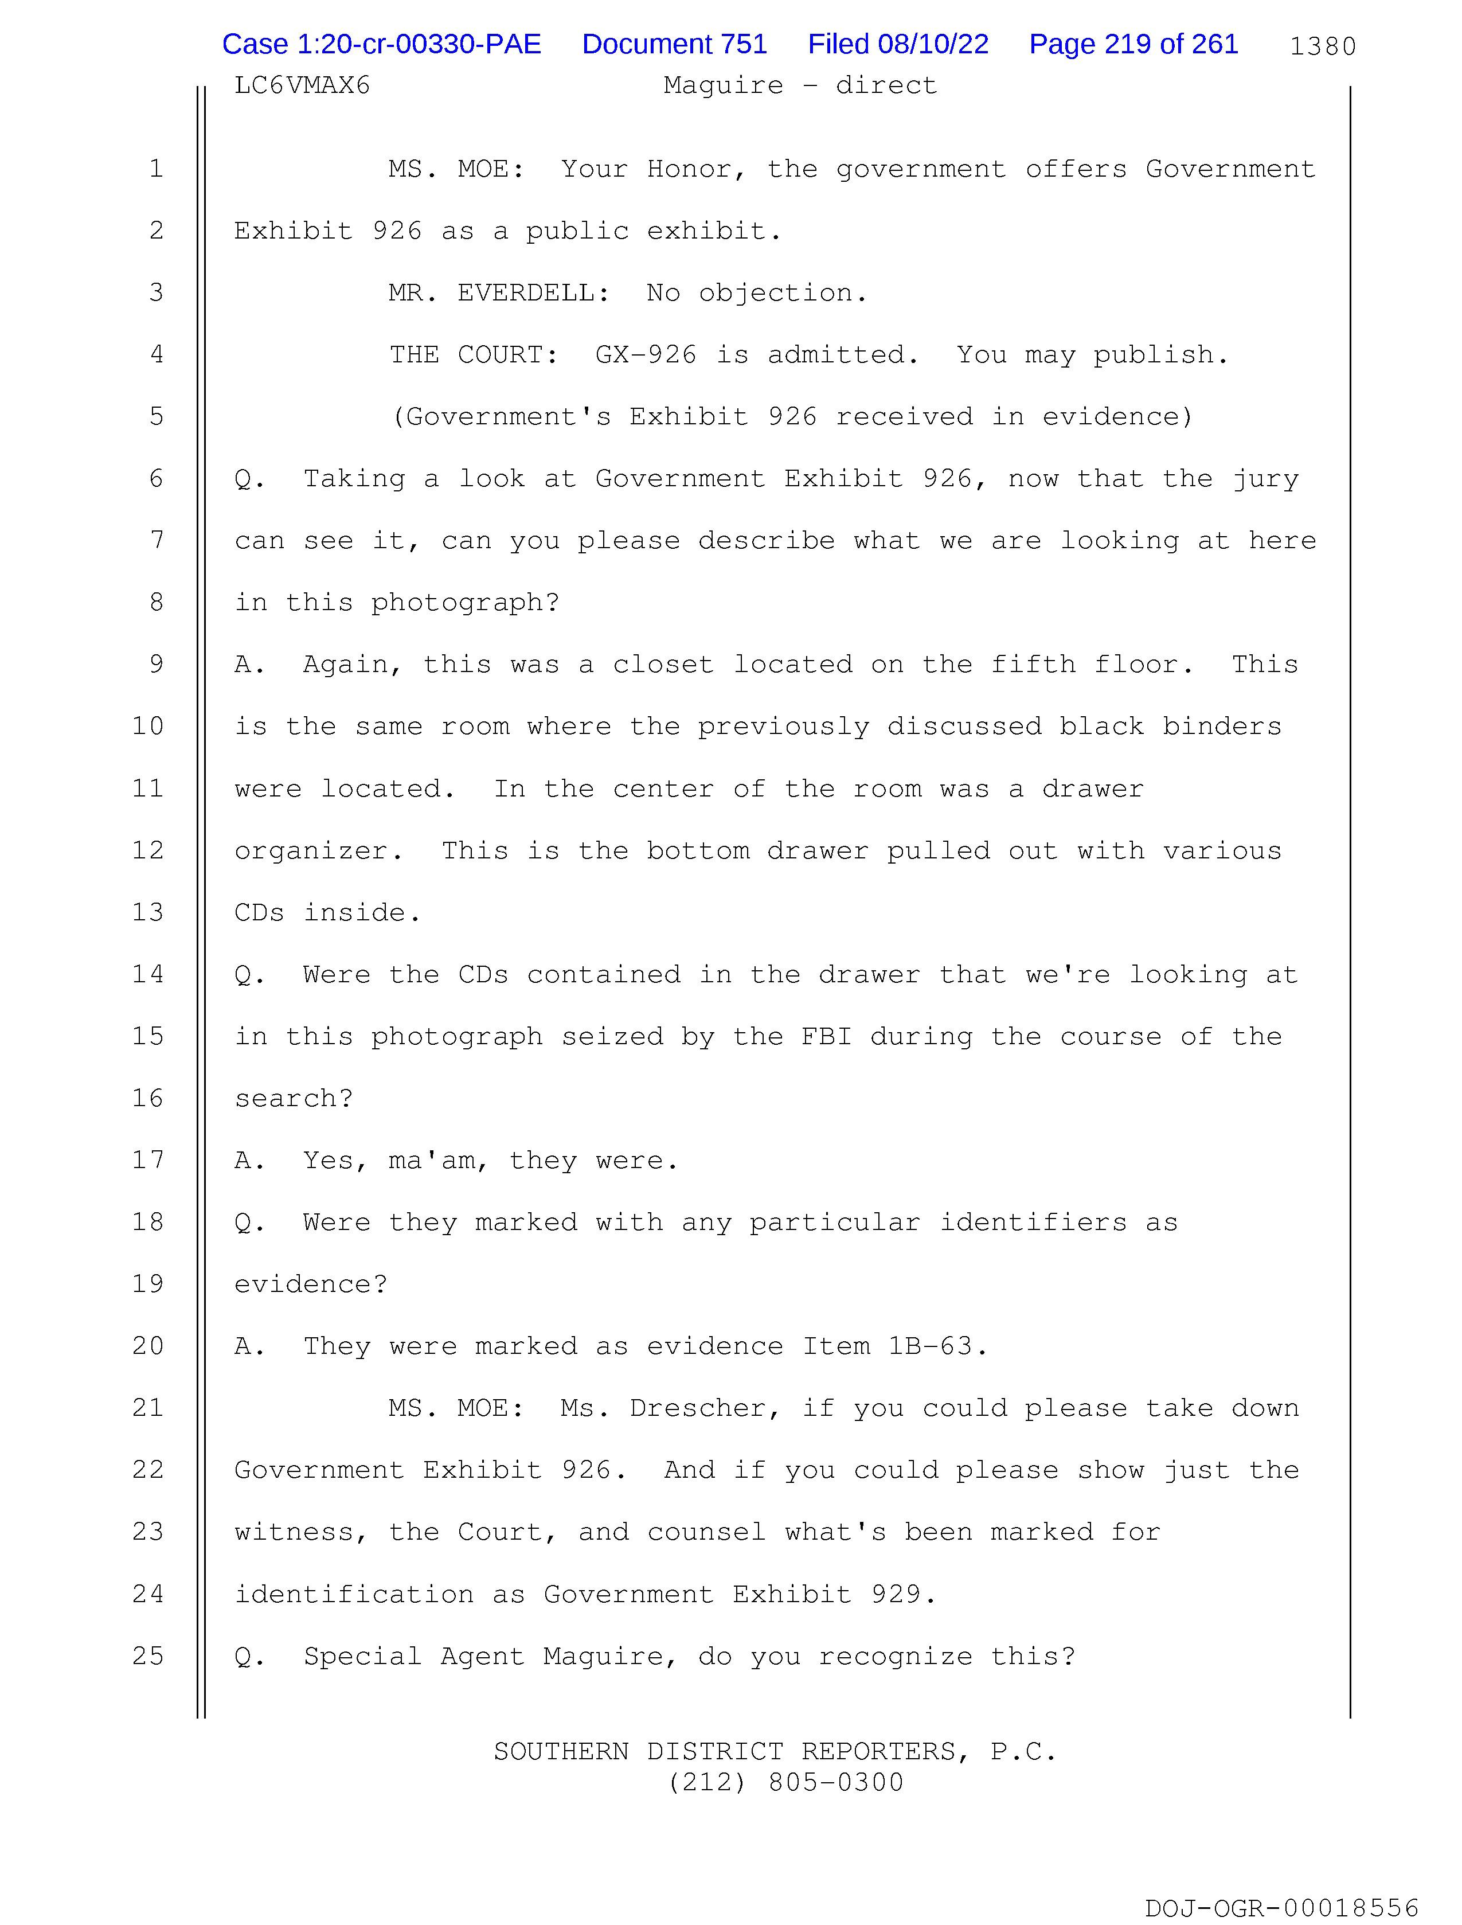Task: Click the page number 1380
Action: [x=1322, y=46]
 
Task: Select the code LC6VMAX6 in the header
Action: [x=302, y=85]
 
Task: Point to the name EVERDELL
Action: [x=531, y=293]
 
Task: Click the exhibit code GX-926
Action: [x=646, y=355]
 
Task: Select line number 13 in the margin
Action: [x=148, y=912]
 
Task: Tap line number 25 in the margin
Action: [x=148, y=1655]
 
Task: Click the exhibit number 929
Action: [x=896, y=1594]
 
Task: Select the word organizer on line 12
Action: [x=310, y=851]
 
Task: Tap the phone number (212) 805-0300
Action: [x=786, y=1782]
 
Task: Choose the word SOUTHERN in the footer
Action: [x=561, y=1751]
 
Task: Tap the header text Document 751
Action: [x=674, y=44]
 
